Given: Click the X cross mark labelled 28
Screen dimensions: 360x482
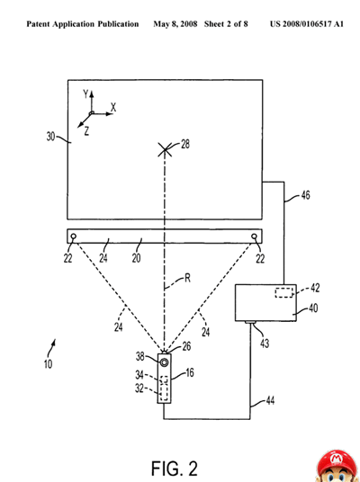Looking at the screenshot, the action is click(165, 149).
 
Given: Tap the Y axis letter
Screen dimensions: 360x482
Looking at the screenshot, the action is click(85, 94).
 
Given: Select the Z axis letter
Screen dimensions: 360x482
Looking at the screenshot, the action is click(86, 131).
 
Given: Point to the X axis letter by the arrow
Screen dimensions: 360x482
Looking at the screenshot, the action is click(113, 108).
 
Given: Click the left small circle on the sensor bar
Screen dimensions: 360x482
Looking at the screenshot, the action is click(74, 237).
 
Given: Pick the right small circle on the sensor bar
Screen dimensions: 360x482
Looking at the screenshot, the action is click(254, 237).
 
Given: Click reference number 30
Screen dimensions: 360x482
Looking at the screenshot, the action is click(50, 136).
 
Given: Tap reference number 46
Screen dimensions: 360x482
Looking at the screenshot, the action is click(305, 195).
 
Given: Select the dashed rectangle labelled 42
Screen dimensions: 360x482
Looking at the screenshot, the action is click(284, 292).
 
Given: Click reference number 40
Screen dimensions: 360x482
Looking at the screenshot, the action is click(313, 308).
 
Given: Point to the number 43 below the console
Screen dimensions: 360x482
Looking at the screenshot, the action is click(265, 343).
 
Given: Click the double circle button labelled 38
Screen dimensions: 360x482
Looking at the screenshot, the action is click(165, 362).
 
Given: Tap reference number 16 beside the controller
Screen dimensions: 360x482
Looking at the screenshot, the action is click(190, 373).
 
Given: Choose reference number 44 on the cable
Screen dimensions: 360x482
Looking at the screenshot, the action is click(270, 400).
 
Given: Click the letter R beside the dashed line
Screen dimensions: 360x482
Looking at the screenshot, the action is click(187, 278).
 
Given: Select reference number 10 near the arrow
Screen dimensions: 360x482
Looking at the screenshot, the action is click(48, 364).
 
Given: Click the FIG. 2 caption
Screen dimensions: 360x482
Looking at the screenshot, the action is click(175, 469).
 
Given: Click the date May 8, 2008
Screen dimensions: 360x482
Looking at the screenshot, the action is click(175, 24).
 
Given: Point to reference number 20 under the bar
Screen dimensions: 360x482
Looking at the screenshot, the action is click(136, 258).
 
